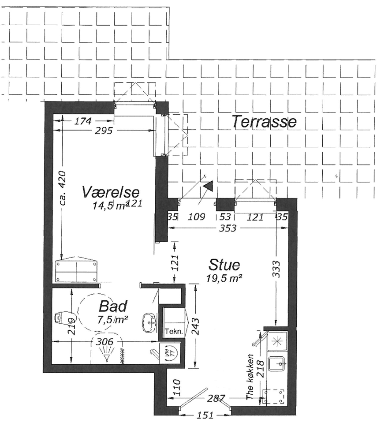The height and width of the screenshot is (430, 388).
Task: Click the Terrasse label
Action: [x=264, y=121]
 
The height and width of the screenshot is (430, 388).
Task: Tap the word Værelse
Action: [x=111, y=192]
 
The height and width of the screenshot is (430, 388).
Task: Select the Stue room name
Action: [x=224, y=265]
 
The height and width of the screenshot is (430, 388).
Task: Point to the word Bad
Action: [x=113, y=306]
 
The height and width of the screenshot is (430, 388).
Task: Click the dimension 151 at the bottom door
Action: [x=205, y=415]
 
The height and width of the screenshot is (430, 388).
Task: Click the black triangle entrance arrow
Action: [x=209, y=186]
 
